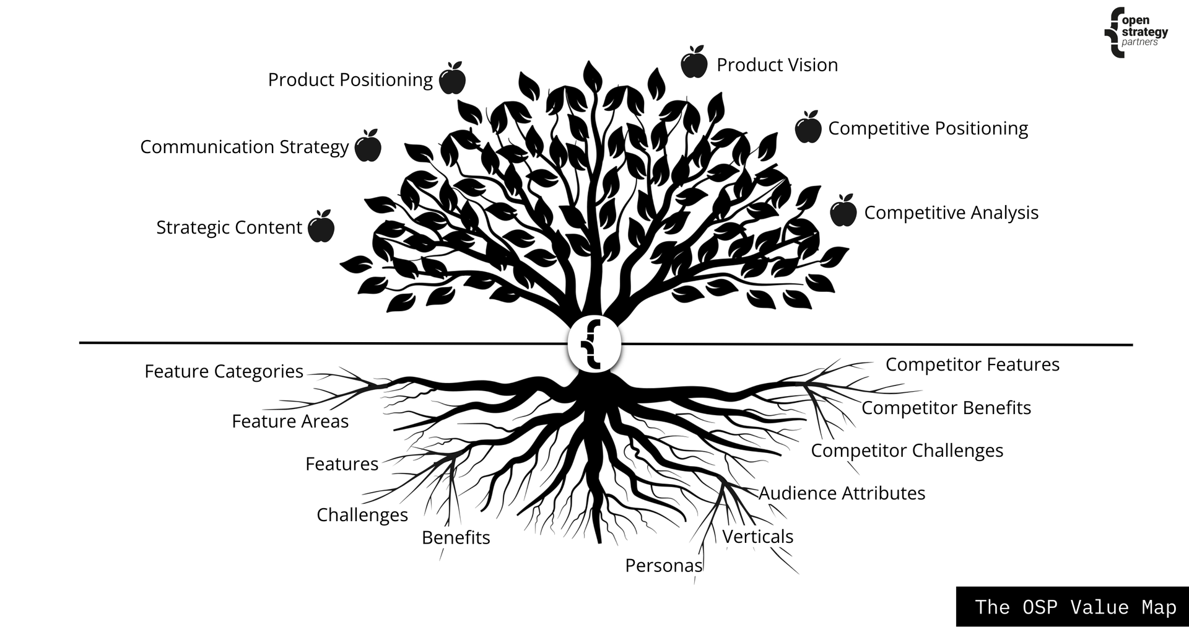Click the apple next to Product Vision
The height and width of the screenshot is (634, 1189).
tap(694, 63)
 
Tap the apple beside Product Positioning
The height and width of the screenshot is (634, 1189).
tap(452, 79)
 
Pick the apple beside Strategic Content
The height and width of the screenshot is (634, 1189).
tap(321, 227)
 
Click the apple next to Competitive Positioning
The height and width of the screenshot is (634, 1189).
tap(808, 128)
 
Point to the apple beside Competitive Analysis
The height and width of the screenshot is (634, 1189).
tap(843, 211)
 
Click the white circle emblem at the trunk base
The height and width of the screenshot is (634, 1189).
tap(594, 346)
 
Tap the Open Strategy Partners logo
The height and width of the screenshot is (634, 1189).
tap(1136, 32)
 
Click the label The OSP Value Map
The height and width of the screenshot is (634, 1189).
tap(1075, 607)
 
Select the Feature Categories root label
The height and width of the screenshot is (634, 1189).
tap(224, 371)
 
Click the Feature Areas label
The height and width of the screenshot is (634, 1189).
tap(290, 421)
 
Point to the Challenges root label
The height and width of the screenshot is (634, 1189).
tap(362, 515)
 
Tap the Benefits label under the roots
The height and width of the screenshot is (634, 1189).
tap(456, 537)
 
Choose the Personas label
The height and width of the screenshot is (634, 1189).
tap(663, 565)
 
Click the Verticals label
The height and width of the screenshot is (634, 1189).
tap(757, 536)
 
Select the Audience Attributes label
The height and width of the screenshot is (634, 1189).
tap(842, 493)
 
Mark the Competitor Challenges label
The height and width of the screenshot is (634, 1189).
tap(907, 451)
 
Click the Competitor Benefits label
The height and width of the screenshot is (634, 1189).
tap(946, 408)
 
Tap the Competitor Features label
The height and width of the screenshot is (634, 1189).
tap(972, 364)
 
